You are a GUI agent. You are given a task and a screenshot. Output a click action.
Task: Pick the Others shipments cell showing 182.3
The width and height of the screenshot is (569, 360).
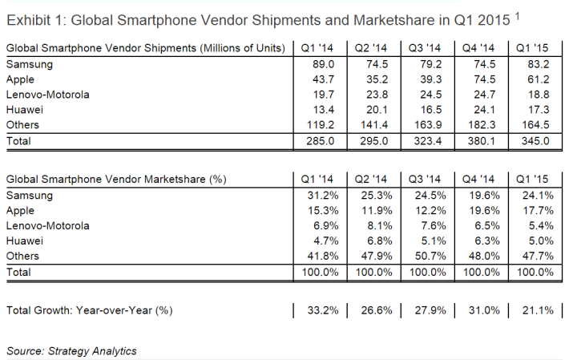pos(478,124)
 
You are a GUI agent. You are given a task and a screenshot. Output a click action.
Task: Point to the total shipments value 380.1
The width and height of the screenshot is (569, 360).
pos(478,140)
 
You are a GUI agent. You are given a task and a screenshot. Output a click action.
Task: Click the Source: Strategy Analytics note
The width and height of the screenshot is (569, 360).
pos(71,350)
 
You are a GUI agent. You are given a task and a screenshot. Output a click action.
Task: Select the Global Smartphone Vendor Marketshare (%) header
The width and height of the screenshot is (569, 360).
pos(115,180)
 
